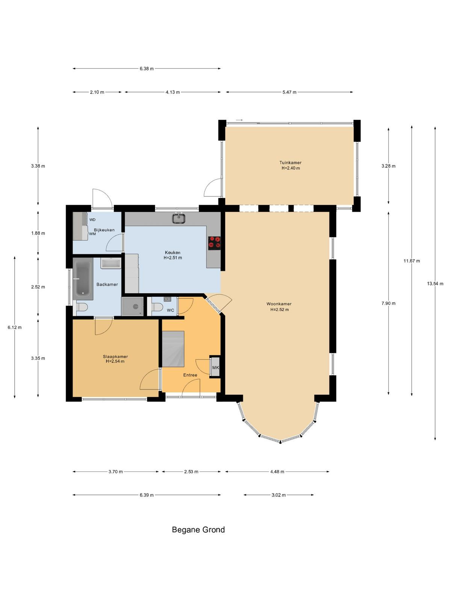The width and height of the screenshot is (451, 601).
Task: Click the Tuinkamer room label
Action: [x=290, y=162]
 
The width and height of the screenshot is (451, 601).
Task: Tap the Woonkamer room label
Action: [x=279, y=304]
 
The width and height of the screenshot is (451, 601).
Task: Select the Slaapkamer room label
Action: [x=115, y=356]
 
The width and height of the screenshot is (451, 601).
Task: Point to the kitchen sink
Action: [x=179, y=218]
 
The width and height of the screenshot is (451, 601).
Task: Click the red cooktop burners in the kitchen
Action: [x=214, y=243]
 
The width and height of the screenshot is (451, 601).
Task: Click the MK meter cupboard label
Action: [x=215, y=367]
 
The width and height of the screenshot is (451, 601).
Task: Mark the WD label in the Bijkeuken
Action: [x=92, y=220]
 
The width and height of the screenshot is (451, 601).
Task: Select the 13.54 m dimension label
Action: [x=435, y=284]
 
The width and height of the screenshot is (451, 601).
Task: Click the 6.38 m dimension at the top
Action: [x=147, y=69]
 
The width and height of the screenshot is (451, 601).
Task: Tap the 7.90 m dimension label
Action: [x=388, y=303]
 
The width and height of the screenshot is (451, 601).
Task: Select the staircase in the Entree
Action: [x=173, y=349]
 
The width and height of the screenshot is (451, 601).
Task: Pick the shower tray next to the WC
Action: [x=133, y=307]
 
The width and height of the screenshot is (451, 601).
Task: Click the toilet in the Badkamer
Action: [x=81, y=307]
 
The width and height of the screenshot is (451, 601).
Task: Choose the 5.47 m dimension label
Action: [x=289, y=92]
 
